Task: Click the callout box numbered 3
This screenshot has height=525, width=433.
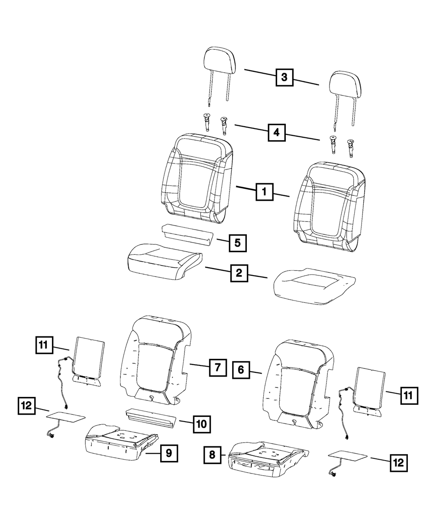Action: (284, 77)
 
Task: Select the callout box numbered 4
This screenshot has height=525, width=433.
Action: (276, 132)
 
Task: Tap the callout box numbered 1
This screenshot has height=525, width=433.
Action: (264, 192)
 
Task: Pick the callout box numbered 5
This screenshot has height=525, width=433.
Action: (237, 243)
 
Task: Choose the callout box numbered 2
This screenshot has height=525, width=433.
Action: (239, 273)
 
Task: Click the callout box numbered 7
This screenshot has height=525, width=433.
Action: (218, 367)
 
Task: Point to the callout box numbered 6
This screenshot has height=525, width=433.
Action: (241, 370)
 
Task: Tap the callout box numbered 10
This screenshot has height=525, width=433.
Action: (202, 424)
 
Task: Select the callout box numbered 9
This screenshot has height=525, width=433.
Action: (169, 453)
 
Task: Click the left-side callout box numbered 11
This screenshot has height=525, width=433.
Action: (44, 345)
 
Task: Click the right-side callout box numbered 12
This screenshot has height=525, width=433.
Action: (399, 463)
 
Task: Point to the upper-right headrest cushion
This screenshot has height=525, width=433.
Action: (345, 84)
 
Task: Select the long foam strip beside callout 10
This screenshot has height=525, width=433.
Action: (151, 418)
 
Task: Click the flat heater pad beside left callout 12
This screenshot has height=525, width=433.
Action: (66, 419)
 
